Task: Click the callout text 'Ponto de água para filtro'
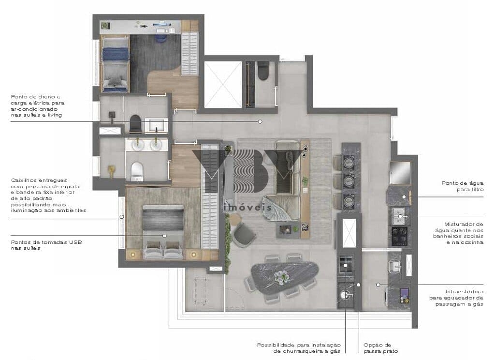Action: coord(462,186)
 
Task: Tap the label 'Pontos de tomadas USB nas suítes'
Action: coord(46,245)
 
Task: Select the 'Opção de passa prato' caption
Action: coord(380,348)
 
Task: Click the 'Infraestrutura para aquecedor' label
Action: coord(456,298)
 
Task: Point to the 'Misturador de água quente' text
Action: coord(458,233)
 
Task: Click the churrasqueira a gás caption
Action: coord(299,348)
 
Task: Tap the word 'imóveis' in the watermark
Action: coord(247,207)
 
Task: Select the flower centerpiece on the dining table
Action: coord(281,278)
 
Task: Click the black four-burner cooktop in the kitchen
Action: coord(399,236)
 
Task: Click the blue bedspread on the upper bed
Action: coord(115,54)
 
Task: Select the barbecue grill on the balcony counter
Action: coord(346,264)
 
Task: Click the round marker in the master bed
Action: coord(164,236)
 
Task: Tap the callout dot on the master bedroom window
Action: coord(121,217)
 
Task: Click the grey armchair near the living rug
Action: coord(244,234)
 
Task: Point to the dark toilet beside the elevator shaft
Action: coord(263,71)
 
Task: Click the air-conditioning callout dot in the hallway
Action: coord(260,121)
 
